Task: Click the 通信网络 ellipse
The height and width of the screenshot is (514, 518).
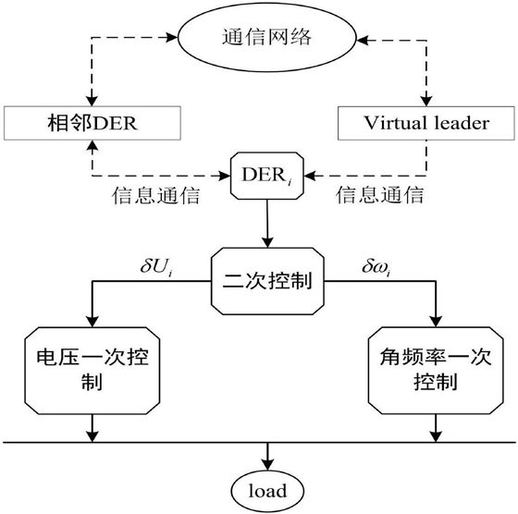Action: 267,37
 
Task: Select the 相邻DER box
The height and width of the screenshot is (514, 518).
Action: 92,123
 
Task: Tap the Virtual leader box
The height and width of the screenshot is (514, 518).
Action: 426,123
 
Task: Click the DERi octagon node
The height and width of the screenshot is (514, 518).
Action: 267,176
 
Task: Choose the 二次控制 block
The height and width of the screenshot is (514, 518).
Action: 267,281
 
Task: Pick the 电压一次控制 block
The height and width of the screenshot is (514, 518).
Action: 92,371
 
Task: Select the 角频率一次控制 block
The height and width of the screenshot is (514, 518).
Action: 436,371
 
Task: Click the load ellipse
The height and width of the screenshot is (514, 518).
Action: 267,491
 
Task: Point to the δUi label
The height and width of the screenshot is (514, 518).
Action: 156,266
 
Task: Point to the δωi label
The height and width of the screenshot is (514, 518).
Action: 376,266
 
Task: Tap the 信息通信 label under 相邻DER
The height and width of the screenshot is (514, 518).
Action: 156,195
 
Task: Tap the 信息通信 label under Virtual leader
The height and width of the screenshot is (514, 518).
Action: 379,194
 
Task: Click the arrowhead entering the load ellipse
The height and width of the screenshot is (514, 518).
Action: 267,465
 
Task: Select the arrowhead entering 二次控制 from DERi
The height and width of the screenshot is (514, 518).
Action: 267,242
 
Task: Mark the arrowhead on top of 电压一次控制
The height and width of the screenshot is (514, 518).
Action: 92,322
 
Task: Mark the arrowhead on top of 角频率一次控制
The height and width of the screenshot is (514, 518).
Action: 436,322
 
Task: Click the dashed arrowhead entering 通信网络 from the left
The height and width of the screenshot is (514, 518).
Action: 172,37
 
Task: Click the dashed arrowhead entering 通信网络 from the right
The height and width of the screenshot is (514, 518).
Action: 363,41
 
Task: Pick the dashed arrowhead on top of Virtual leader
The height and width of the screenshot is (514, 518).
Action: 426,101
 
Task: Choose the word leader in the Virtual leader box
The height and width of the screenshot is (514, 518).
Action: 462,123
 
